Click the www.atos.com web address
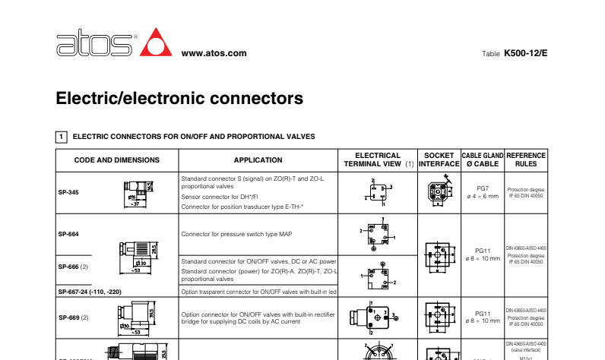214,53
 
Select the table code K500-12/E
525,53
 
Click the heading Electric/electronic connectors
179,98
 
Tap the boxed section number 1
61,137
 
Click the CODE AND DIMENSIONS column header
116,160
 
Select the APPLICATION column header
258,160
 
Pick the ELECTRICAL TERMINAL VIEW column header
378,159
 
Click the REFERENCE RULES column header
526,159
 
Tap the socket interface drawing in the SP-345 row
439,192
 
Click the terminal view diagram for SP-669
372,317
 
